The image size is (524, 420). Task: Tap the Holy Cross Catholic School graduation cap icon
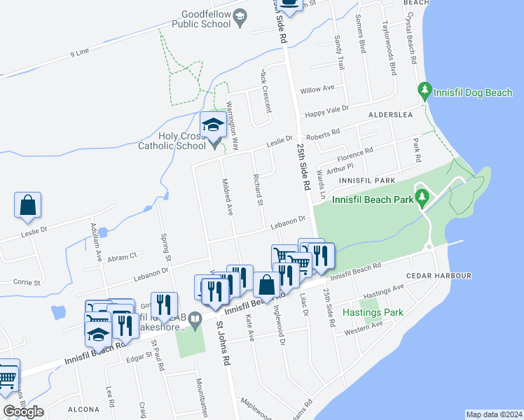(x=213, y=126)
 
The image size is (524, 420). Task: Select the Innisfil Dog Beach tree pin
(x=423, y=90)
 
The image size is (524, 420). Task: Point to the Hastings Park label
(x=373, y=312)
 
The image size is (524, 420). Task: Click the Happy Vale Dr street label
(x=326, y=109)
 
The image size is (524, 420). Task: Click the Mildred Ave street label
(x=227, y=197)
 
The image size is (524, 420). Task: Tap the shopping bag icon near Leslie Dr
(x=27, y=204)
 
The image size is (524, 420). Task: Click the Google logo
(x=22, y=412)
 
